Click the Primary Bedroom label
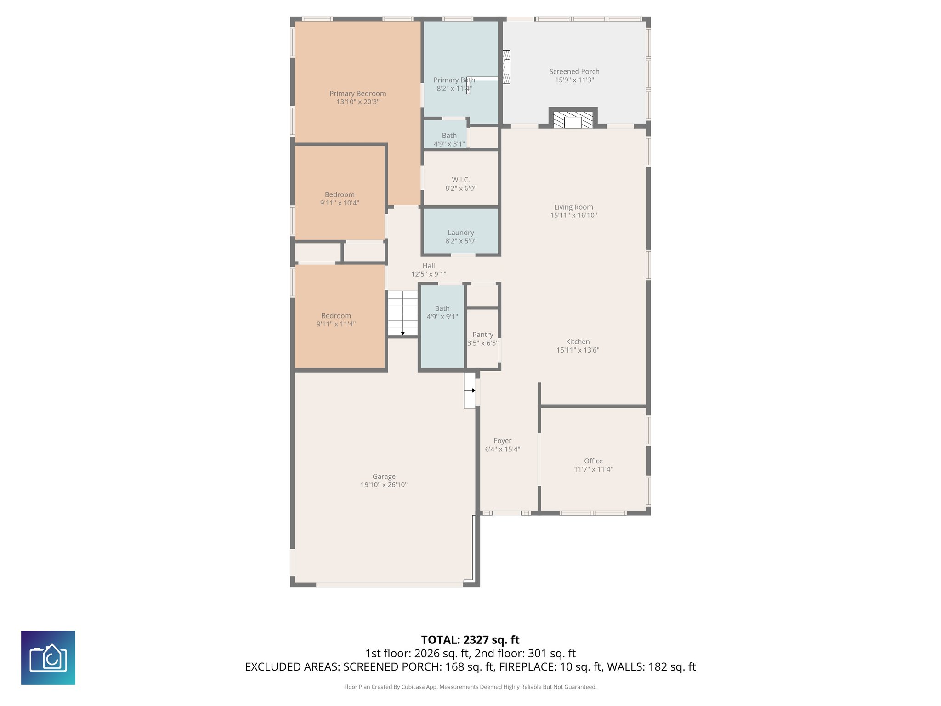click(357, 94)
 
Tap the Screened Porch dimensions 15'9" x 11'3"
click(574, 80)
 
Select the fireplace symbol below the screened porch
click(573, 121)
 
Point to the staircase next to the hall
click(402, 313)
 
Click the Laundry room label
click(461, 233)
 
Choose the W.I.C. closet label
click(460, 180)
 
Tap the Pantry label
click(482, 335)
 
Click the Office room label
click(593, 461)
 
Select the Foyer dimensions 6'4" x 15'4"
click(502, 449)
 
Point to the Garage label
click(384, 477)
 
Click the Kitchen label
click(578, 342)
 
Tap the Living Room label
click(573, 207)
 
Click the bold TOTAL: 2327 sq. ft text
click(470, 640)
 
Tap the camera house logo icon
click(48, 658)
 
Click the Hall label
click(428, 266)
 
